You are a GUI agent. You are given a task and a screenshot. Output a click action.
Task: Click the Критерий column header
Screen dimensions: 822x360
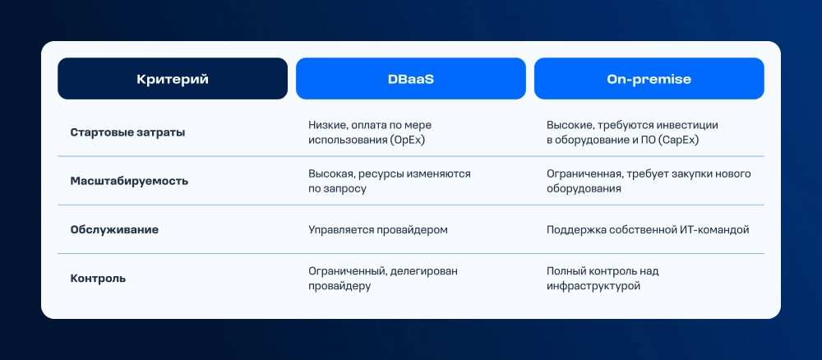coord(173,79)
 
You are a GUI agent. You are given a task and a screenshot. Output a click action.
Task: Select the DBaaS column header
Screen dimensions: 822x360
coord(410,79)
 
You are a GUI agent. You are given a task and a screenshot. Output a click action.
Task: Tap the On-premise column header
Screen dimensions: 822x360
coord(649,79)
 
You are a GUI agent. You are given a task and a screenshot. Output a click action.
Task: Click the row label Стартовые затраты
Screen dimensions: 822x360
coord(127,132)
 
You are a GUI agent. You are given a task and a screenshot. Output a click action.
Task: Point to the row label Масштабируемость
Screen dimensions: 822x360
coord(129,182)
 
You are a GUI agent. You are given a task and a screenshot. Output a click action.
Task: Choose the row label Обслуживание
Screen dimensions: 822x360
coord(114,230)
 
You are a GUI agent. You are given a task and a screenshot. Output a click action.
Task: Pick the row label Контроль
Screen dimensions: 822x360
coord(98,279)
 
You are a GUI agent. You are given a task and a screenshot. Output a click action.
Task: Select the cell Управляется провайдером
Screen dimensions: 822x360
coord(378,230)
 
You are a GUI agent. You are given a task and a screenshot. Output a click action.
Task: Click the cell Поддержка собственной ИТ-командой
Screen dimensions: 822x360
coord(648,230)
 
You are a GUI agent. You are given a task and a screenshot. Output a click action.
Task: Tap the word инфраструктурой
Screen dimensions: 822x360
coord(593,287)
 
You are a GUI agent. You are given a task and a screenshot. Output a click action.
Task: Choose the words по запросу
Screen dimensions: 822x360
coord(337,189)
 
